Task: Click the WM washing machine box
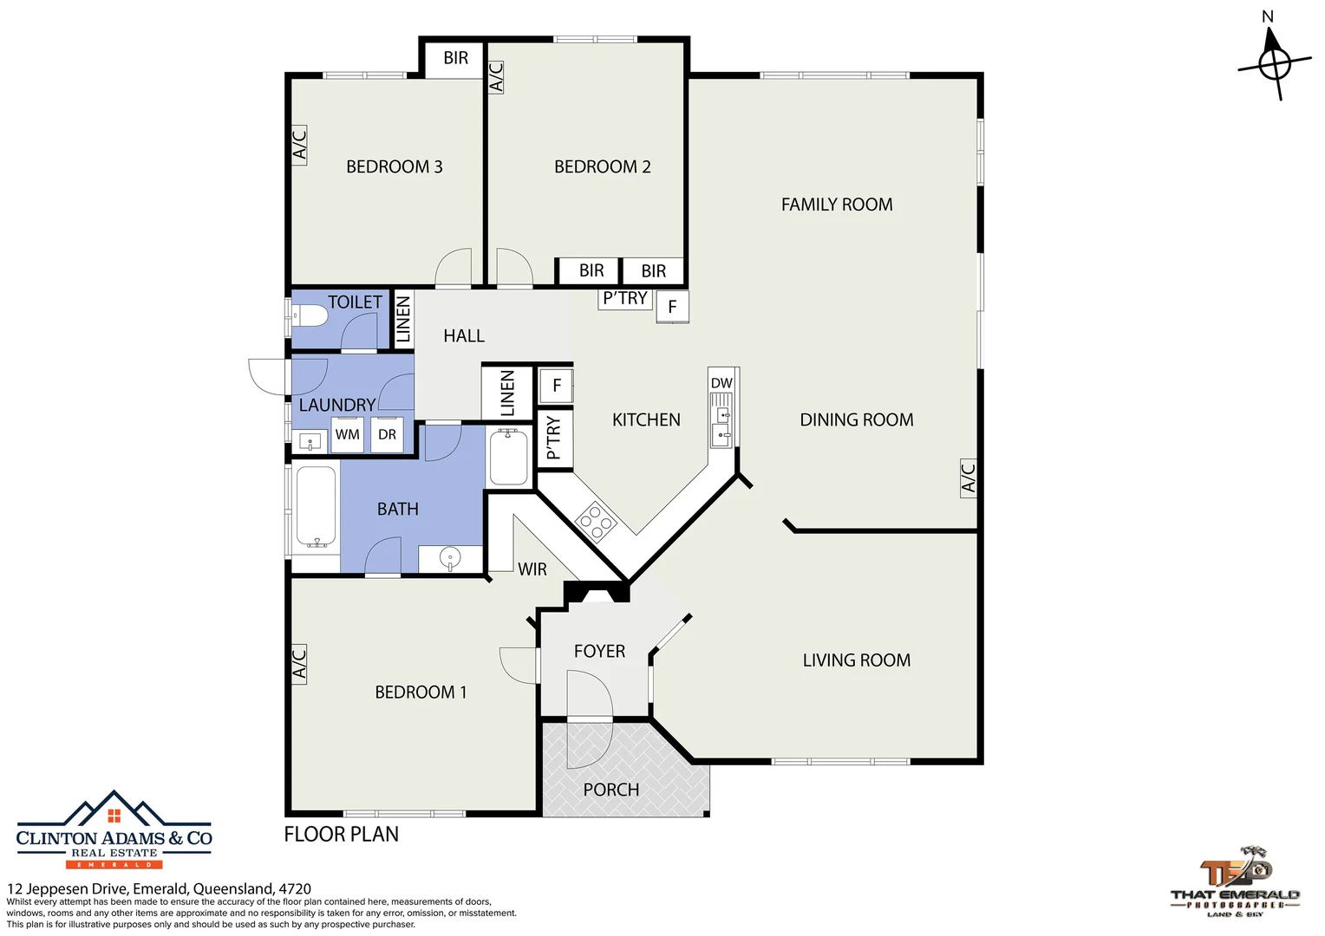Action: coord(347,434)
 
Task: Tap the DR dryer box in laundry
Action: coord(387,434)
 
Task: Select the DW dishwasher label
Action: coord(721,383)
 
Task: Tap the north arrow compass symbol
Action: coord(1274,63)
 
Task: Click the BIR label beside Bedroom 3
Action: coord(455,58)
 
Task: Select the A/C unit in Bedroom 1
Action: coord(299,664)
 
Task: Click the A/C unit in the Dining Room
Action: coord(969,478)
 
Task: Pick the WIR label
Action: coord(532,569)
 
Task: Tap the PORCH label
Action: coord(611,790)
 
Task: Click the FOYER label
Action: coord(599,651)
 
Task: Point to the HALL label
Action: coord(464,336)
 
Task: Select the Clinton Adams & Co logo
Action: coord(114,829)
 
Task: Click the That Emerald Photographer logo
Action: coord(1235,881)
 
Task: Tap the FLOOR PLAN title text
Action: coord(342,835)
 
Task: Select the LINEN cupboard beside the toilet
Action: coord(403,319)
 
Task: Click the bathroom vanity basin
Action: coord(451,558)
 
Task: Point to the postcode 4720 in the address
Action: coord(295,888)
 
